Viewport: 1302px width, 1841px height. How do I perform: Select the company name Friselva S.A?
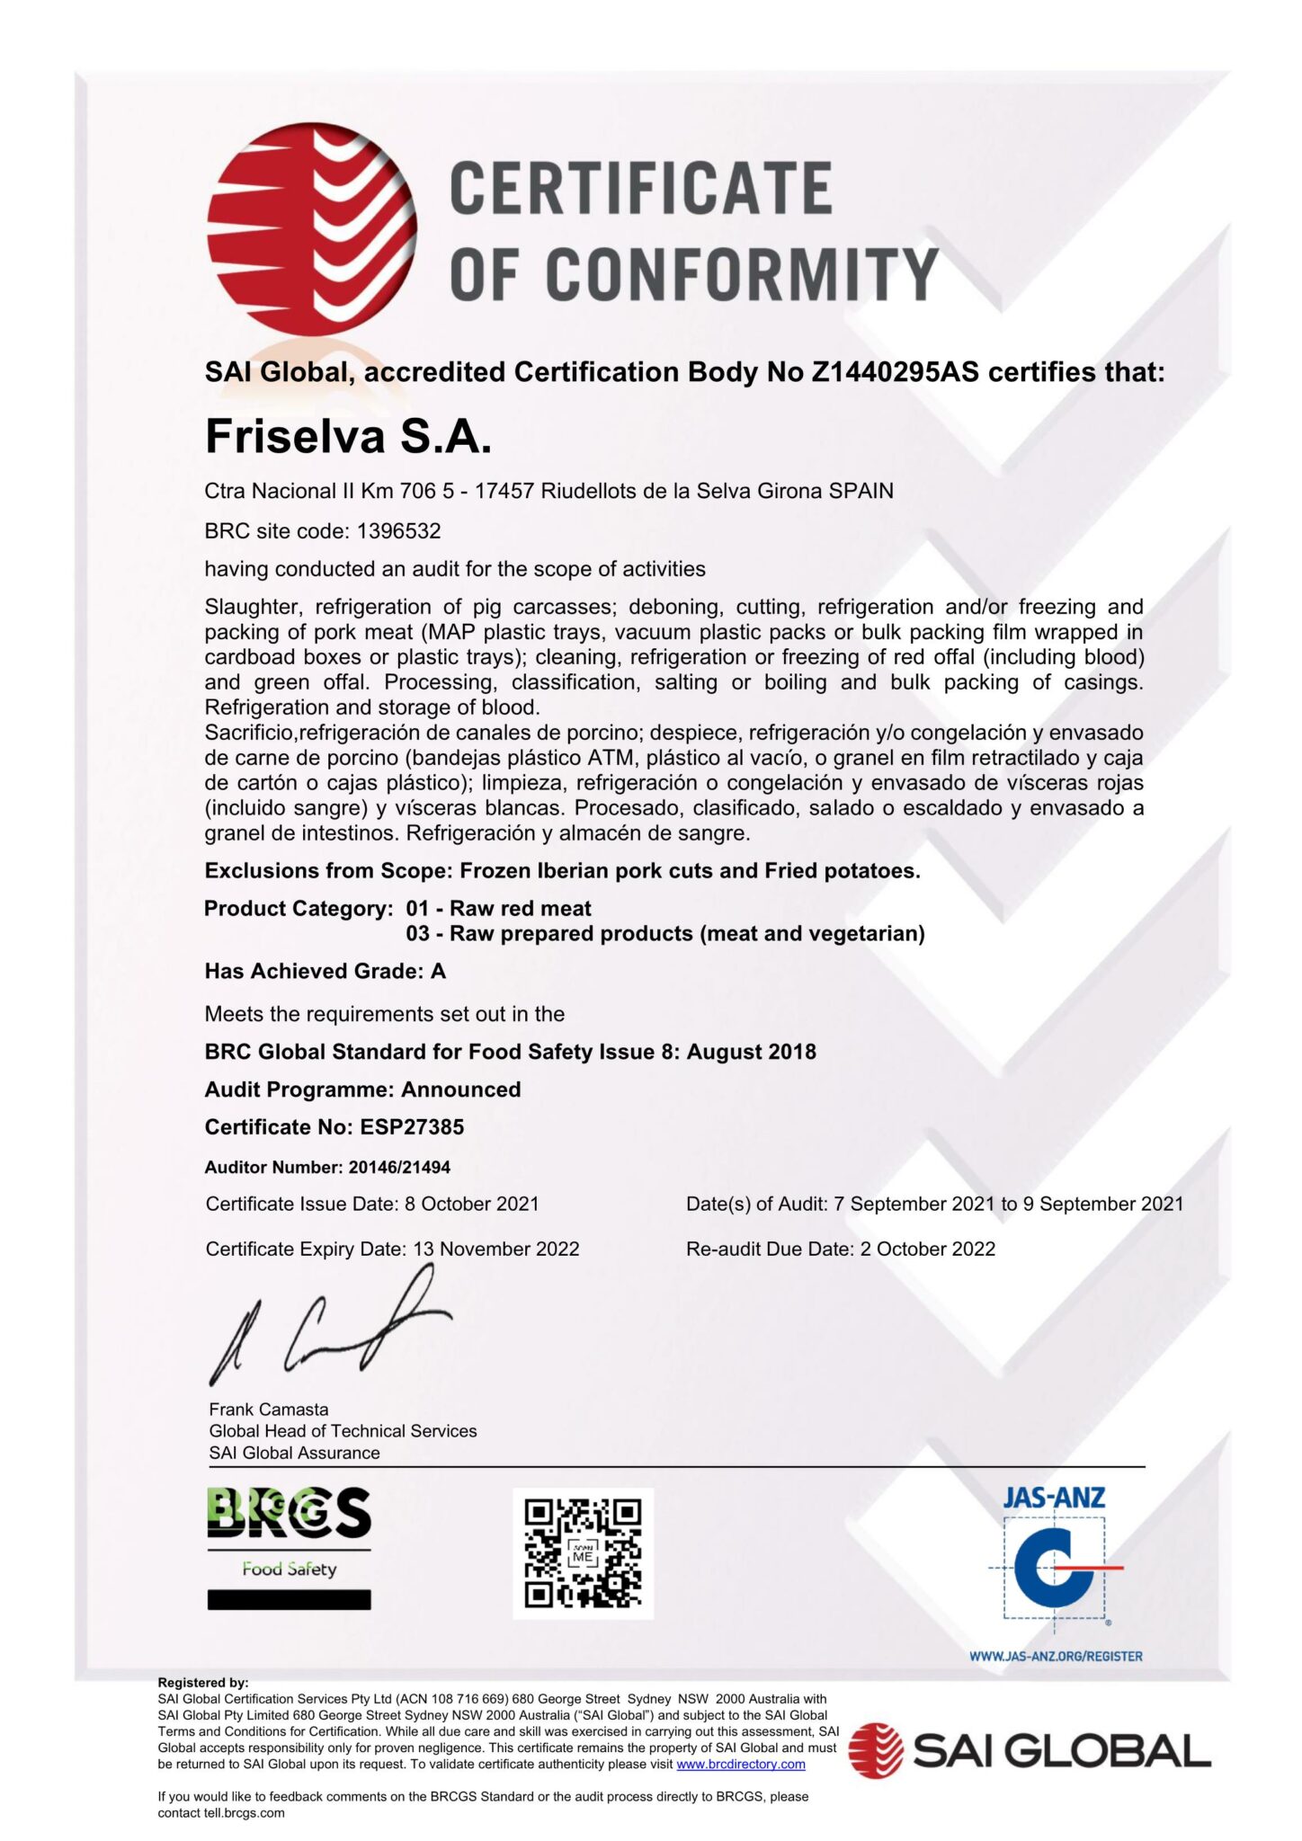(x=348, y=437)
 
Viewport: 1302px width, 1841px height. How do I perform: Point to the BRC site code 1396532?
(x=398, y=531)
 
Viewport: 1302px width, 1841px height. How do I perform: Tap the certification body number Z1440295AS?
(x=895, y=372)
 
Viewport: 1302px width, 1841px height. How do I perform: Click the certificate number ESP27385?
(x=412, y=1127)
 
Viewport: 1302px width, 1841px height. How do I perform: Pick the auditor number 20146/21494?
(x=399, y=1168)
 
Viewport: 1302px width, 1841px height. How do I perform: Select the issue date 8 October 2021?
(x=471, y=1205)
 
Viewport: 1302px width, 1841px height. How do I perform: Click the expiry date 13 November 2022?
(x=495, y=1250)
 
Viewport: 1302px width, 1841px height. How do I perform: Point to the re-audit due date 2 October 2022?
(x=927, y=1250)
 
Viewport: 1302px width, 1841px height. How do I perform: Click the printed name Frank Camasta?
(x=269, y=1410)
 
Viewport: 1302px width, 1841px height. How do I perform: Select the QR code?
(x=583, y=1553)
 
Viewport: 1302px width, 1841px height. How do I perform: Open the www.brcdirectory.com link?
(x=740, y=1765)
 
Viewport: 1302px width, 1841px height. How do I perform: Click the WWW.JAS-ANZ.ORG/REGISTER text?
(x=1055, y=1656)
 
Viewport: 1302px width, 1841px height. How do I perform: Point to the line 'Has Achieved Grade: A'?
(x=325, y=972)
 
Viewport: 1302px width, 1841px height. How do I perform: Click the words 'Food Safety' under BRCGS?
(x=289, y=1569)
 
